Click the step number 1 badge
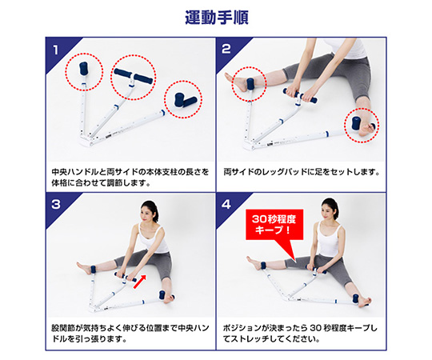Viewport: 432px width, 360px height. [x=55, y=50]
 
